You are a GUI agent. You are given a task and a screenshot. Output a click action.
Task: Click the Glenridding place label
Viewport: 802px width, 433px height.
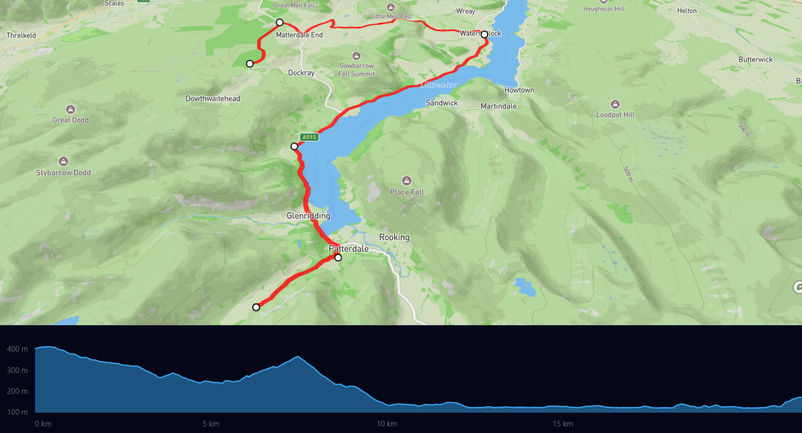[308, 216]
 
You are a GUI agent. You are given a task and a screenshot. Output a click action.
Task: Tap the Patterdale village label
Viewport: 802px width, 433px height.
[348, 249]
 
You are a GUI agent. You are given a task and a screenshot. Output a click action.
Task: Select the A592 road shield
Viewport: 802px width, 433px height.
[309, 137]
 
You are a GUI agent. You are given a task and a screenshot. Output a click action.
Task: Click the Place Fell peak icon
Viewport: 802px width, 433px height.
[406, 181]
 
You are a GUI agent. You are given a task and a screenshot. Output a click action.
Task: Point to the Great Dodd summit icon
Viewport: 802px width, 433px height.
[71, 109]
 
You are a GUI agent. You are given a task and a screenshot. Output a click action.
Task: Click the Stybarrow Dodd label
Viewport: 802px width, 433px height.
[63, 172]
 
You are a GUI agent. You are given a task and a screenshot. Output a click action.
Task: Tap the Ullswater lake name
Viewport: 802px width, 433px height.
[439, 85]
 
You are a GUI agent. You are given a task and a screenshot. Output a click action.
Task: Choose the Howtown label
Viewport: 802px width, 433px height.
[519, 90]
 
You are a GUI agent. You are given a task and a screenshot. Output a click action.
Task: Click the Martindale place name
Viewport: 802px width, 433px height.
[498, 106]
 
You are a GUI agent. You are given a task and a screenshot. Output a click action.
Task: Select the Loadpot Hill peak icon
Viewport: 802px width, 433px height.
[615, 104]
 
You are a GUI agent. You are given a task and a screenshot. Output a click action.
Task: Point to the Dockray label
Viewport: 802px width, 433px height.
[301, 73]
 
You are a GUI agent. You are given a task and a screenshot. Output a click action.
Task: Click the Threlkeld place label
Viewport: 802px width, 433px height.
[21, 35]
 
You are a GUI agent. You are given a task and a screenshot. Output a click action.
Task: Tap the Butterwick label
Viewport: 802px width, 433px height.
[755, 60]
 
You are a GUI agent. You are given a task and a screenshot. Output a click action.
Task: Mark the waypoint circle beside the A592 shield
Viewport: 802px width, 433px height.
[294, 147]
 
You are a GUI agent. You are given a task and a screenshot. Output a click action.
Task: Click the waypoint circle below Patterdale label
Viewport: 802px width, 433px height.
[338, 258]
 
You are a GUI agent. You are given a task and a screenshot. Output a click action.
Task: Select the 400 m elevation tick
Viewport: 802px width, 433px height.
[17, 349]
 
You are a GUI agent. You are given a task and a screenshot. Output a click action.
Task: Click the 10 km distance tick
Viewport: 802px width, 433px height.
[387, 424]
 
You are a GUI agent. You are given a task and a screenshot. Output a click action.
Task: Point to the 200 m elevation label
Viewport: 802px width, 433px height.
[17, 391]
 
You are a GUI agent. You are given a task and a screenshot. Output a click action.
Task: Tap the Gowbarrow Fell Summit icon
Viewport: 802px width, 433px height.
[357, 56]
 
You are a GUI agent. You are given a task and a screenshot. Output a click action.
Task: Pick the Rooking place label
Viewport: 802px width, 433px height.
[394, 237]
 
